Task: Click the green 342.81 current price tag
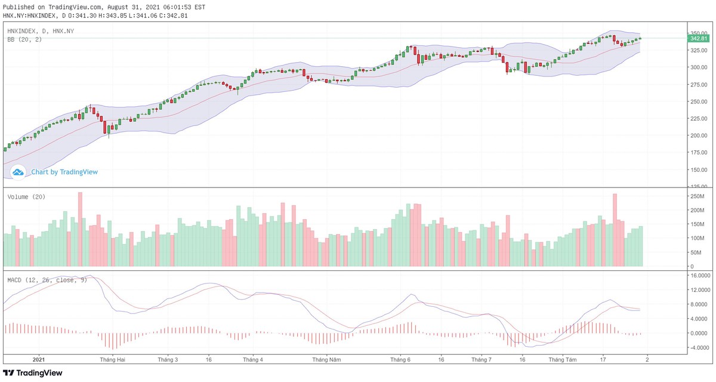698,38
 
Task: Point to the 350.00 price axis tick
698,33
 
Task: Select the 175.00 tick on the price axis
698,153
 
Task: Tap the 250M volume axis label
698,196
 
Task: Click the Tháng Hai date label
113,360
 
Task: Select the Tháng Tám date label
563,360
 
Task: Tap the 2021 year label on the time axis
38,360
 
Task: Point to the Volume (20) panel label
26,197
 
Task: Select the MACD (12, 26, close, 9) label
47,279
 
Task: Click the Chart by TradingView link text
64,172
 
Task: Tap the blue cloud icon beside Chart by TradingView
18,172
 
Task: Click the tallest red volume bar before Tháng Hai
80,229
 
